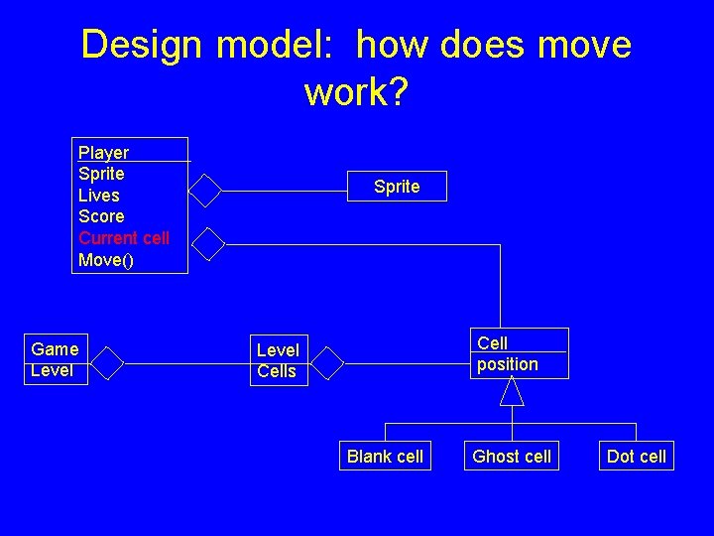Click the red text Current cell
(x=124, y=238)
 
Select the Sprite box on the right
(x=397, y=187)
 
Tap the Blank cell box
(x=385, y=457)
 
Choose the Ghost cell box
(x=512, y=457)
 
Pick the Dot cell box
(x=637, y=457)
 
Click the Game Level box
(x=55, y=359)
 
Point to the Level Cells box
(x=278, y=360)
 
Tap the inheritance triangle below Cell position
(x=512, y=392)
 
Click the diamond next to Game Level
(x=106, y=364)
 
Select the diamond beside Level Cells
(x=326, y=364)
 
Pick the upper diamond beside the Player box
(x=205, y=190)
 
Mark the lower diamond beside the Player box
(x=208, y=243)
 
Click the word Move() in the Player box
(x=105, y=260)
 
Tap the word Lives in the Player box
(x=99, y=196)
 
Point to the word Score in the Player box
(x=101, y=216)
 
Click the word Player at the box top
(x=103, y=153)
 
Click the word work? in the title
(x=356, y=92)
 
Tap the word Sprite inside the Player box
(x=101, y=174)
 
